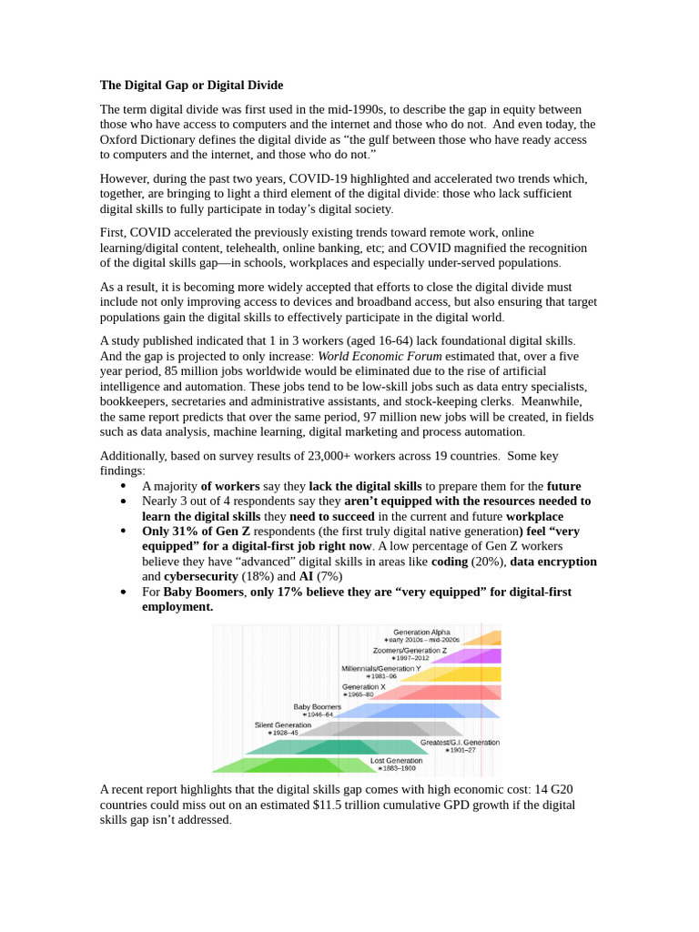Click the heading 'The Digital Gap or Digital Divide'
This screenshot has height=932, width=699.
point(191,86)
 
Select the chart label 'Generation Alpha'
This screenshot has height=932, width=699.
point(420,632)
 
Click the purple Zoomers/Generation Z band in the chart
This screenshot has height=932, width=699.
point(473,656)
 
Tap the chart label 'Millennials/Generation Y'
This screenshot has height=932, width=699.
point(380,668)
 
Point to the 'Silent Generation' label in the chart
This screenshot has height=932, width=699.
point(282,724)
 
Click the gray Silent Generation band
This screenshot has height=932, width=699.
point(382,728)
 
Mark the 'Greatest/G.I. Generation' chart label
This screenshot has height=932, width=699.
point(460,742)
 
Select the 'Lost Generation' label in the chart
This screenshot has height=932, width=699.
point(396,760)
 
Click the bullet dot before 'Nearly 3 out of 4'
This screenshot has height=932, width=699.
point(123,501)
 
